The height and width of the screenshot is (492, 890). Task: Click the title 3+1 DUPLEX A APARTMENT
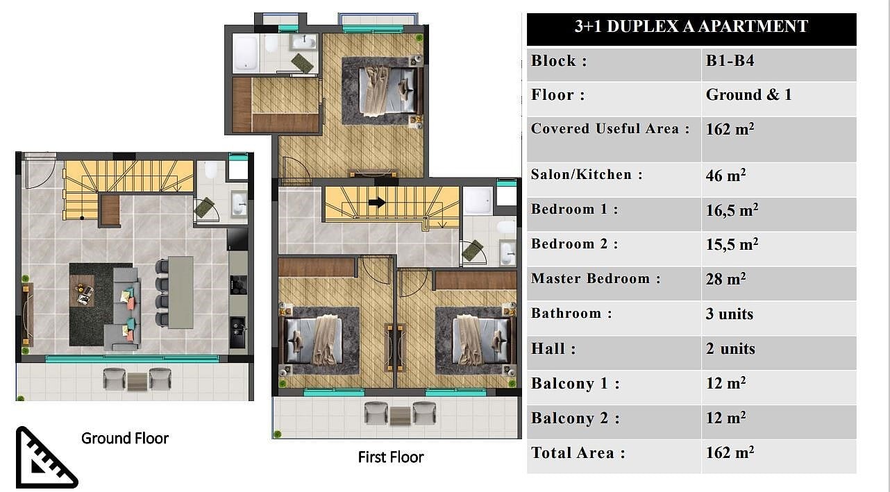click(x=691, y=26)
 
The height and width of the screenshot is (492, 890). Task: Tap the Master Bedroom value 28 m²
click(x=725, y=279)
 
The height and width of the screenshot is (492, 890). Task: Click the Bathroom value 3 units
click(x=730, y=314)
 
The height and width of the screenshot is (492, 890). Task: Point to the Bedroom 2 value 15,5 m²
click(x=732, y=244)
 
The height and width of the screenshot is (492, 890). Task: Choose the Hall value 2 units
click(x=730, y=348)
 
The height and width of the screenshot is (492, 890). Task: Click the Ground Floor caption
click(x=125, y=439)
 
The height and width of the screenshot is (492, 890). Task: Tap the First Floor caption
click(x=391, y=457)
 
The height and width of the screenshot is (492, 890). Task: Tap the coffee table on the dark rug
click(x=83, y=291)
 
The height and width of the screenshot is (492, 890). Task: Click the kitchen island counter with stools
click(x=180, y=292)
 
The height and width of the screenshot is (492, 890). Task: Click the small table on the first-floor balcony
click(x=400, y=416)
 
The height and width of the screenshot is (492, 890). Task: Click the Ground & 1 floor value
click(x=748, y=95)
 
